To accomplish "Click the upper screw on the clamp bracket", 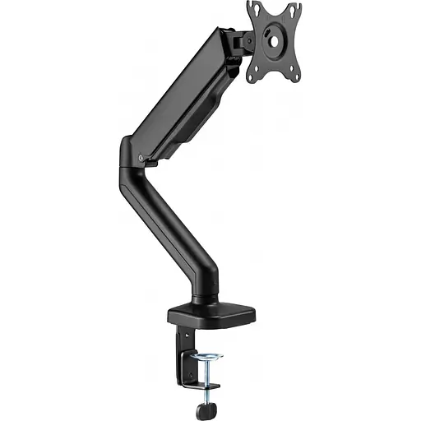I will click(x=178, y=337).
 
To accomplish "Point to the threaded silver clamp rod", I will click(x=211, y=374).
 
